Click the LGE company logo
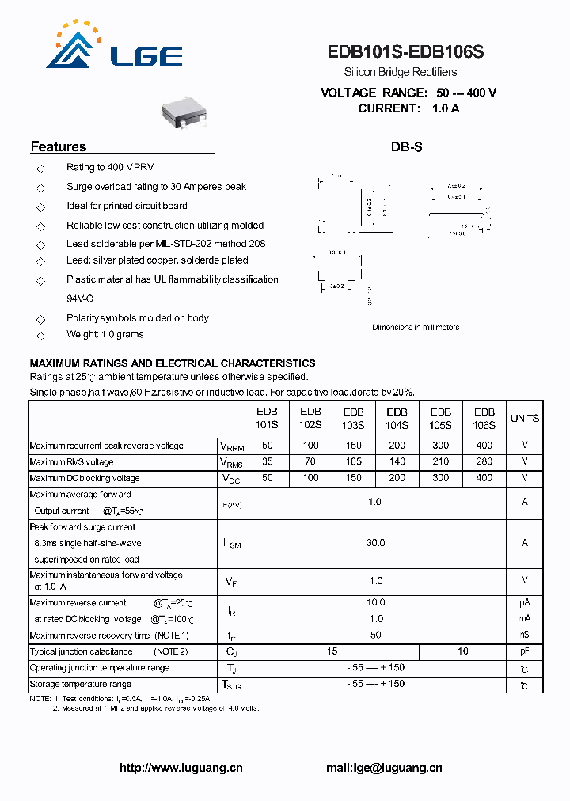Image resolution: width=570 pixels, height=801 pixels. pyautogui.click(x=118, y=47)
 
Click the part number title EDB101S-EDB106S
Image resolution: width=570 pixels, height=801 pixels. pyautogui.click(x=405, y=53)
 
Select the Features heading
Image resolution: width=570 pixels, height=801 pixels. pyautogui.click(x=58, y=146)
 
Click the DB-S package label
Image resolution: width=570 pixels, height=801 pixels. pyautogui.click(x=406, y=147)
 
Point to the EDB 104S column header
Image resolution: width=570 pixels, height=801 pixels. pyautogui.click(x=397, y=418)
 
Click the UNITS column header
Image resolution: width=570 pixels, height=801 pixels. pyautogui.click(x=524, y=418)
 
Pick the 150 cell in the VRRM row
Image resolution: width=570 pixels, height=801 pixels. pyautogui.click(x=354, y=446)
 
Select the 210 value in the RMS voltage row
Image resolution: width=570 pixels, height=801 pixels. pyautogui.click(x=440, y=461)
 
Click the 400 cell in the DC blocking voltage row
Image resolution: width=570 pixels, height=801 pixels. pyautogui.click(x=484, y=478)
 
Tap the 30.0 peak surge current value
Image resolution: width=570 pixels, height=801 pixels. pyautogui.click(x=375, y=543)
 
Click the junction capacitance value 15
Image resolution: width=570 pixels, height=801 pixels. pyautogui.click(x=332, y=651)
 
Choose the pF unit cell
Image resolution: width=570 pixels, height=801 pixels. pyautogui.click(x=524, y=651)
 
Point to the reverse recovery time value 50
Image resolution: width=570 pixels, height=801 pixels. pyautogui.click(x=375, y=635)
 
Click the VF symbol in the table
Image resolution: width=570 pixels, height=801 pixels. pyautogui.click(x=230, y=582)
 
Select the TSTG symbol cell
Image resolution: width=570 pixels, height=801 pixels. pyautogui.click(x=230, y=685)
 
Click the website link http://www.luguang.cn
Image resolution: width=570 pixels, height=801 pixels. pyautogui.click(x=180, y=768)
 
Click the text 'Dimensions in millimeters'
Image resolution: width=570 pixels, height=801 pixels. pyautogui.click(x=416, y=327)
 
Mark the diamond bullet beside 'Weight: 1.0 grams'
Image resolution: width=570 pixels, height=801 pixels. pyautogui.click(x=40, y=335)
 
